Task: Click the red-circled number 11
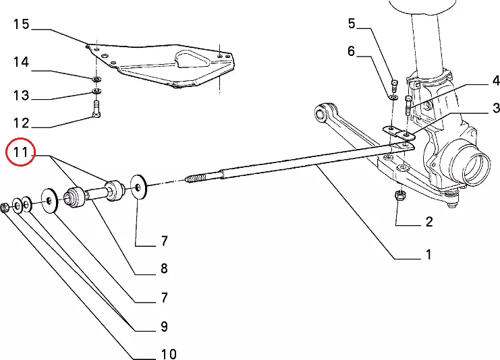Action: point(21,154)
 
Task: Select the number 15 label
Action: point(21,25)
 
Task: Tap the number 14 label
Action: point(21,62)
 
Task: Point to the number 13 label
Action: point(21,96)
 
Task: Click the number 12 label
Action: point(21,123)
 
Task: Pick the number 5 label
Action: point(352,24)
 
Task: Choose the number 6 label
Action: point(352,51)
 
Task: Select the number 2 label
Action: point(428,221)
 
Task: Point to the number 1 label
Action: point(428,254)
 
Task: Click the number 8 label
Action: point(163,269)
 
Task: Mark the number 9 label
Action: point(163,327)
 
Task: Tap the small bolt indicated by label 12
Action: point(96,108)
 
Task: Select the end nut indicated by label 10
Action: point(5,208)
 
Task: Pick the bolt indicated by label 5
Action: point(395,83)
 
